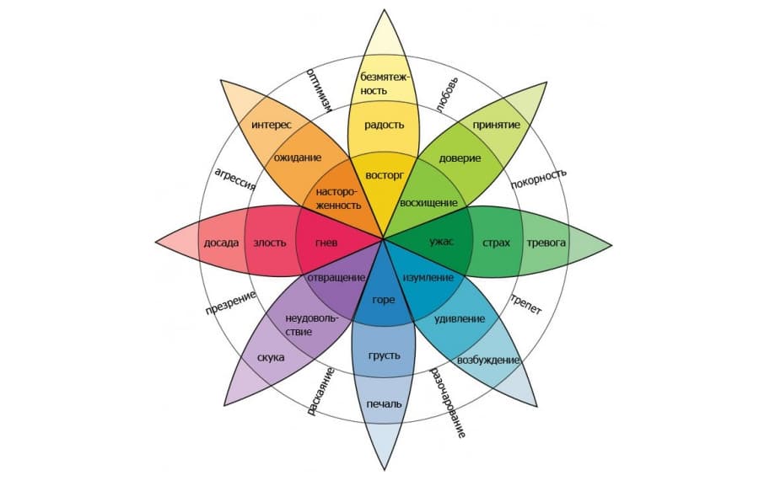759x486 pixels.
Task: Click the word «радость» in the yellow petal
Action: coord(384,126)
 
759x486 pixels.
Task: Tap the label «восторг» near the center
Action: coord(384,175)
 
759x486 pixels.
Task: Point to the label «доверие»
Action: coord(460,158)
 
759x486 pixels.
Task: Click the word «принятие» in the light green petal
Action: coord(495,125)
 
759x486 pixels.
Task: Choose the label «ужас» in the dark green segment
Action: coord(441,243)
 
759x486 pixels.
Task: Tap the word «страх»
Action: coord(496,243)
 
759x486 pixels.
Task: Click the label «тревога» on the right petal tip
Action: coord(546,243)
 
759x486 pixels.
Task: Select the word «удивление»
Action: coord(459,319)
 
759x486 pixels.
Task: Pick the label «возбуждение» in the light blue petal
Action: coord(487,360)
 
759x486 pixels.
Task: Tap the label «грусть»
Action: coord(384,355)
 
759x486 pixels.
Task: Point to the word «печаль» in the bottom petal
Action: coord(384,404)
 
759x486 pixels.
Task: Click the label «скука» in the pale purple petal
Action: coord(271,357)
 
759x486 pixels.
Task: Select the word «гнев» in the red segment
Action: coord(326,243)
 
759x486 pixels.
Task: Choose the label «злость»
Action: coord(271,243)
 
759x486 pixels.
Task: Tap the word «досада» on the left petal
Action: coord(221,243)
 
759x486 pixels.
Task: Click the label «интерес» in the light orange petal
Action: coord(272,125)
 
